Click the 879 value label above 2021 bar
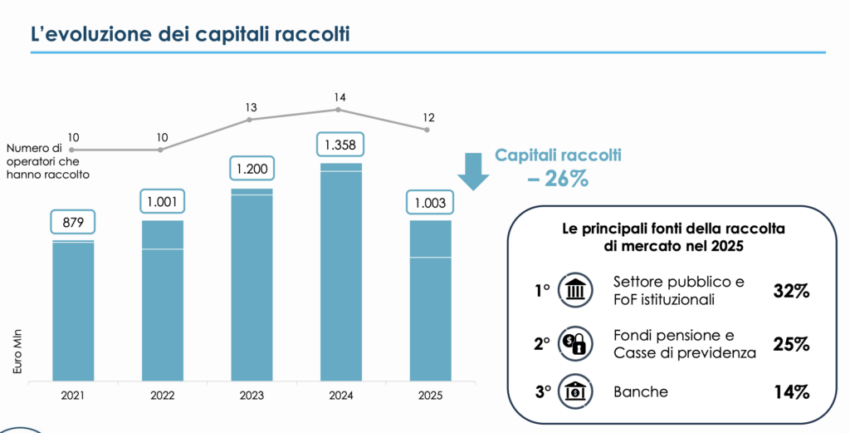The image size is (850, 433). [x=73, y=223]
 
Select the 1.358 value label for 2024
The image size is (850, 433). [x=339, y=145]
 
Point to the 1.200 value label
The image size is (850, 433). [x=251, y=170]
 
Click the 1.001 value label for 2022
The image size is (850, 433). [x=162, y=202]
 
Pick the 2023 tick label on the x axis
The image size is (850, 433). [x=251, y=396]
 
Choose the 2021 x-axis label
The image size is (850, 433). [x=73, y=396]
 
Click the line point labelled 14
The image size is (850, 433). [x=339, y=110]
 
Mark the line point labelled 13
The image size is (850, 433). [x=251, y=120]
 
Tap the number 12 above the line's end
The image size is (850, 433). [x=428, y=117]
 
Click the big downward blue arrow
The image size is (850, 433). [x=474, y=170]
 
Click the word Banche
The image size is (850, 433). [x=639, y=391]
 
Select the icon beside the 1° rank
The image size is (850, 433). [x=575, y=291]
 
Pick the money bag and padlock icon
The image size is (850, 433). [x=575, y=342]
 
